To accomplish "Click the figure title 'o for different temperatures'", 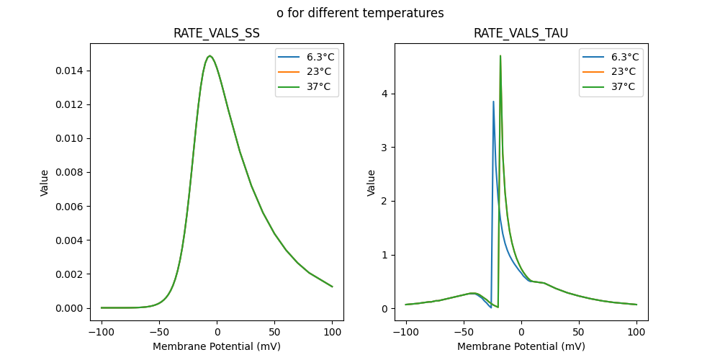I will [360, 13].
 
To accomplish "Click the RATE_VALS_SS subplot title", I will [217, 33].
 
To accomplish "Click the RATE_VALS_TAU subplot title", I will [521, 33].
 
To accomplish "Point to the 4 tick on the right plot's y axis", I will [385, 94].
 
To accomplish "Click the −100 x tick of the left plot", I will [102, 332].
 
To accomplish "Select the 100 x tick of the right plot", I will [636, 332].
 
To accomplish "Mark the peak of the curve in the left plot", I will [210, 56].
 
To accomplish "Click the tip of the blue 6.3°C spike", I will [493, 102].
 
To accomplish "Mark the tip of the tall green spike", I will [500, 55].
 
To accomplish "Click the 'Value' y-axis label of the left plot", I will [45, 183].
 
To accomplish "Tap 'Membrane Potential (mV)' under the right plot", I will [521, 346].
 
